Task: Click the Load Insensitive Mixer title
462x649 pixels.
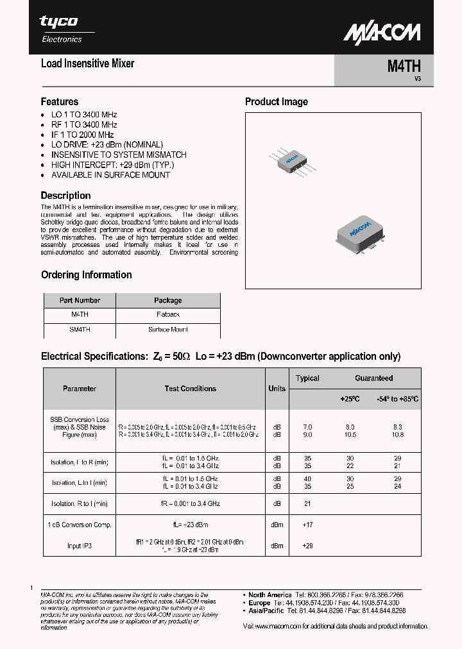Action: tap(87, 63)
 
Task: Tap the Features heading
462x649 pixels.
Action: tap(60, 101)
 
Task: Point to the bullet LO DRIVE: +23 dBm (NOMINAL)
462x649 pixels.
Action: tap(107, 145)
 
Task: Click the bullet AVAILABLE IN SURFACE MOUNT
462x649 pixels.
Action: tap(110, 175)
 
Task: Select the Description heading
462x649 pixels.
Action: tap(65, 196)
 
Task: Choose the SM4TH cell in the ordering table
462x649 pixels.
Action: tap(80, 330)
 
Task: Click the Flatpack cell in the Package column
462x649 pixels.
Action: tap(168, 315)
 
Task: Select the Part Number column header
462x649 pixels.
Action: tap(80, 300)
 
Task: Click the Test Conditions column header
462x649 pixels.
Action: tap(191, 389)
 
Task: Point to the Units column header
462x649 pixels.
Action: tap(277, 389)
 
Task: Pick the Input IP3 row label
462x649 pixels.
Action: tap(80, 546)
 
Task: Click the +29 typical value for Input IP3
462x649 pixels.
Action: tap(307, 546)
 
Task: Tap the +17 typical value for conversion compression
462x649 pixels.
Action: tap(307, 525)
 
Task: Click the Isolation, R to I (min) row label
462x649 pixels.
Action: tap(80, 504)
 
